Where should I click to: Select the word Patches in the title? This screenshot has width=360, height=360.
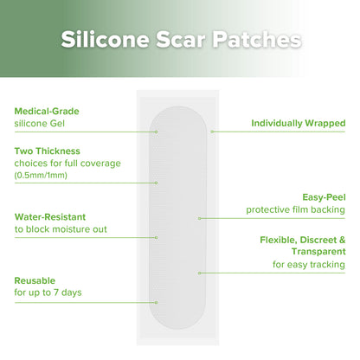pyautogui.click(x=258, y=40)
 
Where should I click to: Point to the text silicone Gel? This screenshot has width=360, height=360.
pyautogui.click(x=44, y=124)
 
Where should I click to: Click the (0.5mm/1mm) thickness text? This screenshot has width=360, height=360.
pyautogui.click(x=41, y=176)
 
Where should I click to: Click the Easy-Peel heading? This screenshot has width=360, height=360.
pyautogui.click(x=323, y=196)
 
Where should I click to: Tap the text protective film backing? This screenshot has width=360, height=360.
pyautogui.click(x=295, y=210)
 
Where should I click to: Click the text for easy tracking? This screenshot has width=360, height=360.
pyautogui.click(x=308, y=264)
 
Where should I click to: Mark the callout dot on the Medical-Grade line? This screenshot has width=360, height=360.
pyautogui.click(x=157, y=132)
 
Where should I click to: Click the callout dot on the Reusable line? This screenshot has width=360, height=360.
pyautogui.click(x=157, y=303)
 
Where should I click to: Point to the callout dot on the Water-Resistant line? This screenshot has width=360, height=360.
pyautogui.click(x=157, y=237)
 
